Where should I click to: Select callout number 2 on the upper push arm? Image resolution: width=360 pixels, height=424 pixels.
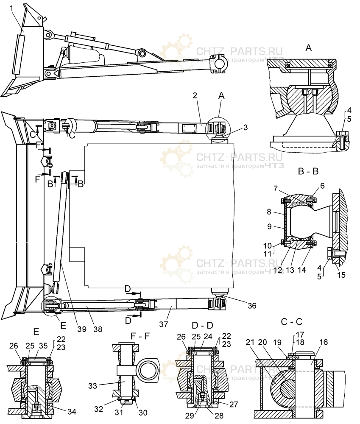(194, 96)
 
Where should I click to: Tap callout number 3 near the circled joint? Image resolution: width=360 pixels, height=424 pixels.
(234, 127)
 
